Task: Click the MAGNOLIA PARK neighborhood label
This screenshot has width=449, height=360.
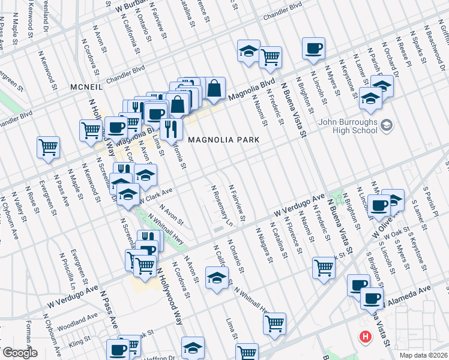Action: point(223,140)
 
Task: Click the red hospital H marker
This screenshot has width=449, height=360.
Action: point(364,337)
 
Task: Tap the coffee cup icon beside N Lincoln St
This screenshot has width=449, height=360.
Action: point(379,205)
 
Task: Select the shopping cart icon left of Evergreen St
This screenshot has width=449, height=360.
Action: point(48,147)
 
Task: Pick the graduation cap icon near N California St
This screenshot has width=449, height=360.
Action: point(217,277)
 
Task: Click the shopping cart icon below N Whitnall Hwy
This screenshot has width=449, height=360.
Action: point(274,323)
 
